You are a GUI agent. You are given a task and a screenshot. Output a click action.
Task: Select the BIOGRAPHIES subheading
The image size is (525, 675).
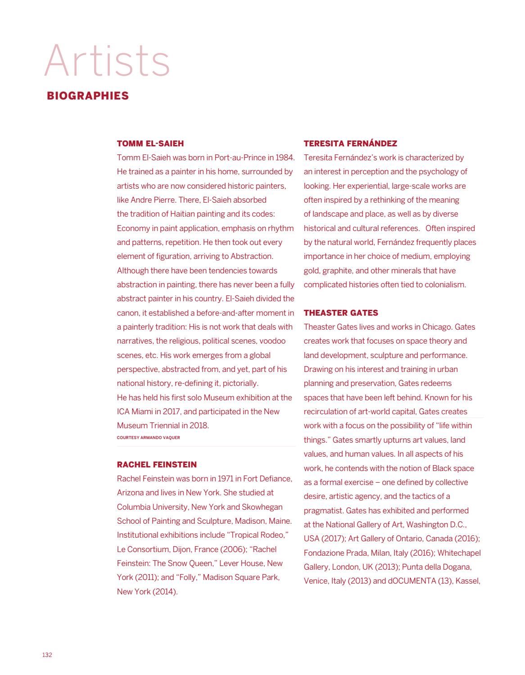[88, 95]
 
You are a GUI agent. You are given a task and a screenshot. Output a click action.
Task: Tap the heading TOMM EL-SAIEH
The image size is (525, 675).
[150, 144]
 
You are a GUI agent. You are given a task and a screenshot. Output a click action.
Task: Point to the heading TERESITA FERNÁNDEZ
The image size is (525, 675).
[350, 144]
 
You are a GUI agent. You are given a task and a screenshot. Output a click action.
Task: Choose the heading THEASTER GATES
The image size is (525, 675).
[341, 313]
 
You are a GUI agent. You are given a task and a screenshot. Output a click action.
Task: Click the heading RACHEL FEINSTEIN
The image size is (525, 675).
[157, 465]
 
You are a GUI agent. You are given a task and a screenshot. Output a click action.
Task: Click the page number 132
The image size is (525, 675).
[47, 655]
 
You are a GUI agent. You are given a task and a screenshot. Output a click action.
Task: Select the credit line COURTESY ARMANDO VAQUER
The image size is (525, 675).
[148, 437]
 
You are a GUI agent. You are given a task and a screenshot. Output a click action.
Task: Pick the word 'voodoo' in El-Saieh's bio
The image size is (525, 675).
[272, 341]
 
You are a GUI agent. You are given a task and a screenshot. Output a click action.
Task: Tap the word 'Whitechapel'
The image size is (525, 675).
[459, 553]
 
